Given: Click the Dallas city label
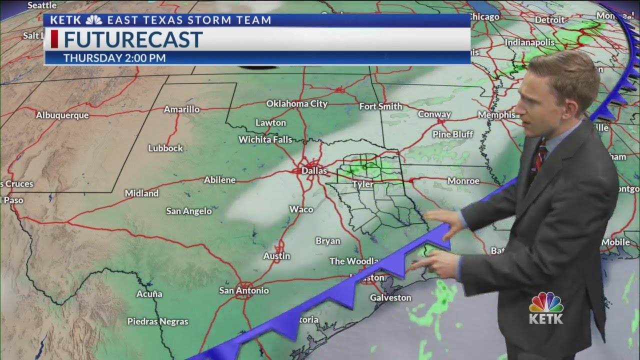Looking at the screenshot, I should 314,171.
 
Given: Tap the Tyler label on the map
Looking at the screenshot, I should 363,184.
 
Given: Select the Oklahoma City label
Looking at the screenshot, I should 296,104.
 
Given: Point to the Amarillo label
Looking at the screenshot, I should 181,109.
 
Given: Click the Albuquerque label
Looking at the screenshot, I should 62,115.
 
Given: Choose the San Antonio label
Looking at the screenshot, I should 244,290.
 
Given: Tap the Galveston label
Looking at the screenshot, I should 390,298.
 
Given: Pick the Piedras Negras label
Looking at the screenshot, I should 157,321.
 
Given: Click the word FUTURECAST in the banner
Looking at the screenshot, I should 133,39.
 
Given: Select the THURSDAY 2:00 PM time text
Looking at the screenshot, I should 114,58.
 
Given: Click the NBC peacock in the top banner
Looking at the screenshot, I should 93,20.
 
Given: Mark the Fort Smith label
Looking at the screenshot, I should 380,106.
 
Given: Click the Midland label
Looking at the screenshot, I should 141,193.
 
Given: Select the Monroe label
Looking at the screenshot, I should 463,181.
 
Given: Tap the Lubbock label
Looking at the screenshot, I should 165,148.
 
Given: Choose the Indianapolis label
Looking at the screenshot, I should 530,42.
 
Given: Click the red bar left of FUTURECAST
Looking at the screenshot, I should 54,39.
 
